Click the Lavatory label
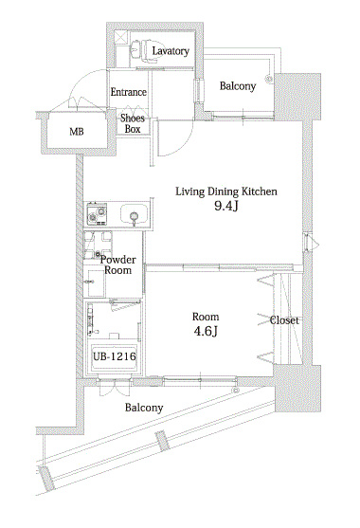tap(171, 51)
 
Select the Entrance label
tap(129, 92)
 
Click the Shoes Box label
tap(133, 123)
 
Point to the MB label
tap(77, 132)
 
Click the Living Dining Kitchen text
tap(226, 191)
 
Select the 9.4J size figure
tap(225, 206)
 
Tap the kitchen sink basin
tap(134, 215)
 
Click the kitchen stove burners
tap(97, 215)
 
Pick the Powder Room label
tap(117, 264)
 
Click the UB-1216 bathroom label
tap(114, 356)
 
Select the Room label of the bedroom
tap(206, 317)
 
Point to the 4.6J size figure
tap(206, 332)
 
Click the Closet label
tap(284, 320)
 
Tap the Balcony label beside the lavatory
tap(238, 86)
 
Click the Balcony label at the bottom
tap(144, 408)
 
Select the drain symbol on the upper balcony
tap(269, 79)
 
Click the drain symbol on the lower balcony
tap(235, 391)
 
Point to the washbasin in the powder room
tap(95, 282)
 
